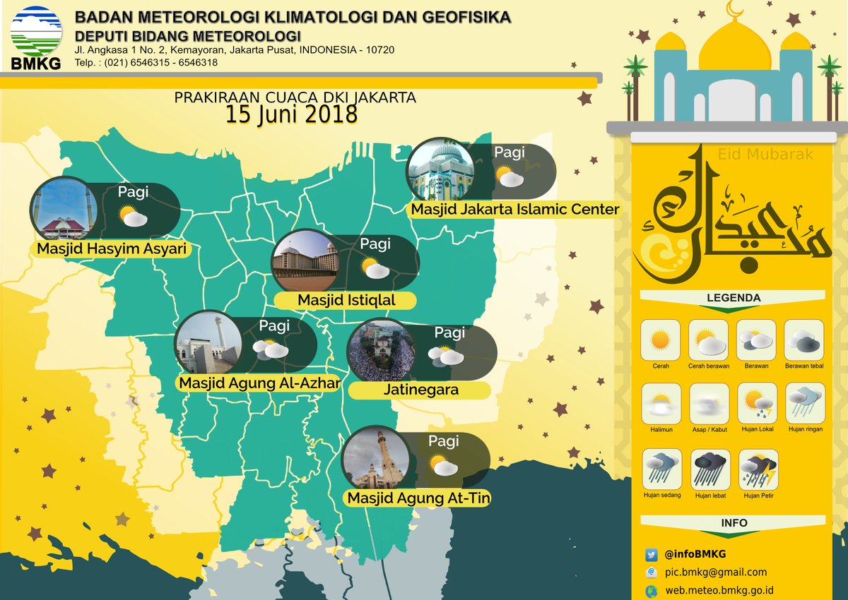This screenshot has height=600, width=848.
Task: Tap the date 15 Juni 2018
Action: tap(291, 114)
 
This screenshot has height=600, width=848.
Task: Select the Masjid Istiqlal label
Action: tap(346, 301)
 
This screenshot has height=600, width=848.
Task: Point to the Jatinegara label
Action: tap(420, 390)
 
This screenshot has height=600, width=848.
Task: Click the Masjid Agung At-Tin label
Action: tap(418, 498)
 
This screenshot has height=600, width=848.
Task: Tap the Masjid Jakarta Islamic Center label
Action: tap(514, 210)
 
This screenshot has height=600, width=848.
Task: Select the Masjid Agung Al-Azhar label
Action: tap(259, 383)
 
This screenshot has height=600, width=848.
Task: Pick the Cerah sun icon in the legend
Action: tap(660, 340)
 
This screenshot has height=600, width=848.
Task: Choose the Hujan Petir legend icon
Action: tap(758, 469)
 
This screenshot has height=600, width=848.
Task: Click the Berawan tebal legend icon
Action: tap(804, 340)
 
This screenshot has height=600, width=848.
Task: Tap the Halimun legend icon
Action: tap(661, 404)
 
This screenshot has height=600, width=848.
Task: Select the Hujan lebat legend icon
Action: tap(709, 469)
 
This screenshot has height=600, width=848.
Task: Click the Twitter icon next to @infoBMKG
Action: tap(652, 554)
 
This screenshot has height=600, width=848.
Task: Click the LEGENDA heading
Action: tap(734, 298)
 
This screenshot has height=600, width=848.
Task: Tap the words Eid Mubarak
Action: tap(765, 154)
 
